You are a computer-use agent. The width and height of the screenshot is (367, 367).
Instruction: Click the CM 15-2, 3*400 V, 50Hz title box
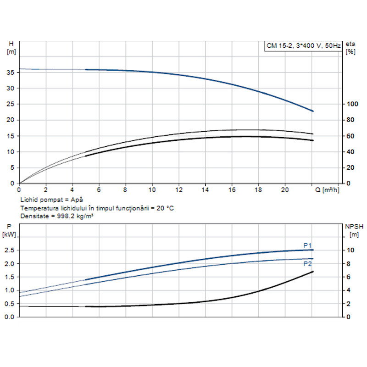click(303, 45)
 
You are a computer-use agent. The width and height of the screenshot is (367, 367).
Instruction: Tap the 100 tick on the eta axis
click(351, 104)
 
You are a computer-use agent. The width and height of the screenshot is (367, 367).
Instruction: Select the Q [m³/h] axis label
click(326, 189)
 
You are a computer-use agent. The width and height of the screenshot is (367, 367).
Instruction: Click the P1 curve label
click(307, 245)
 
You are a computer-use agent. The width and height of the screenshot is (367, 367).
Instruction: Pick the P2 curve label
click(307, 264)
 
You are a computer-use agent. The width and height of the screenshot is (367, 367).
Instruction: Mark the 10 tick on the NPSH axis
click(350, 250)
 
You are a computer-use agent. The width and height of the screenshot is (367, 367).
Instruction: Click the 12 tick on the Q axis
click(179, 189)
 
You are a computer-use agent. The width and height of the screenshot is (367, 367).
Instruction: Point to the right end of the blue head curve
click(313, 111)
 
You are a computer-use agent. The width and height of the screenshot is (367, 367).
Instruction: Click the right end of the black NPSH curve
click(313, 272)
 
